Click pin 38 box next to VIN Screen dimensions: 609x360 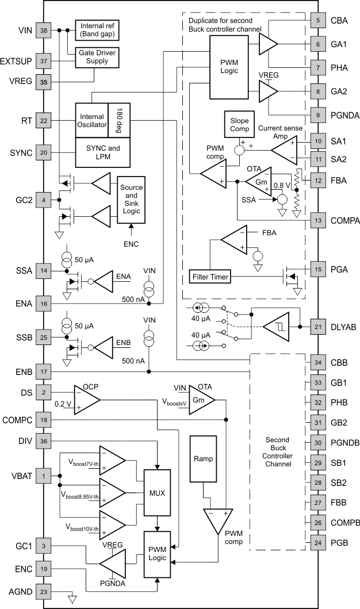pyautogui.click(x=43, y=29)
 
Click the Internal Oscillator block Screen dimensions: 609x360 pyautogui.click(x=92, y=121)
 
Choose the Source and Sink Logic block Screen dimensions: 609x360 pyautogui.click(x=132, y=200)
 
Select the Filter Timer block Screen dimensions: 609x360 pyautogui.click(x=210, y=277)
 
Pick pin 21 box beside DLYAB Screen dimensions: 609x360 pyautogui.click(x=317, y=327)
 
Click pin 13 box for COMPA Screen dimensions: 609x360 pyautogui.click(x=317, y=220)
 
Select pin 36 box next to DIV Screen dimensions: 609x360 pyautogui.click(x=43, y=441)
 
